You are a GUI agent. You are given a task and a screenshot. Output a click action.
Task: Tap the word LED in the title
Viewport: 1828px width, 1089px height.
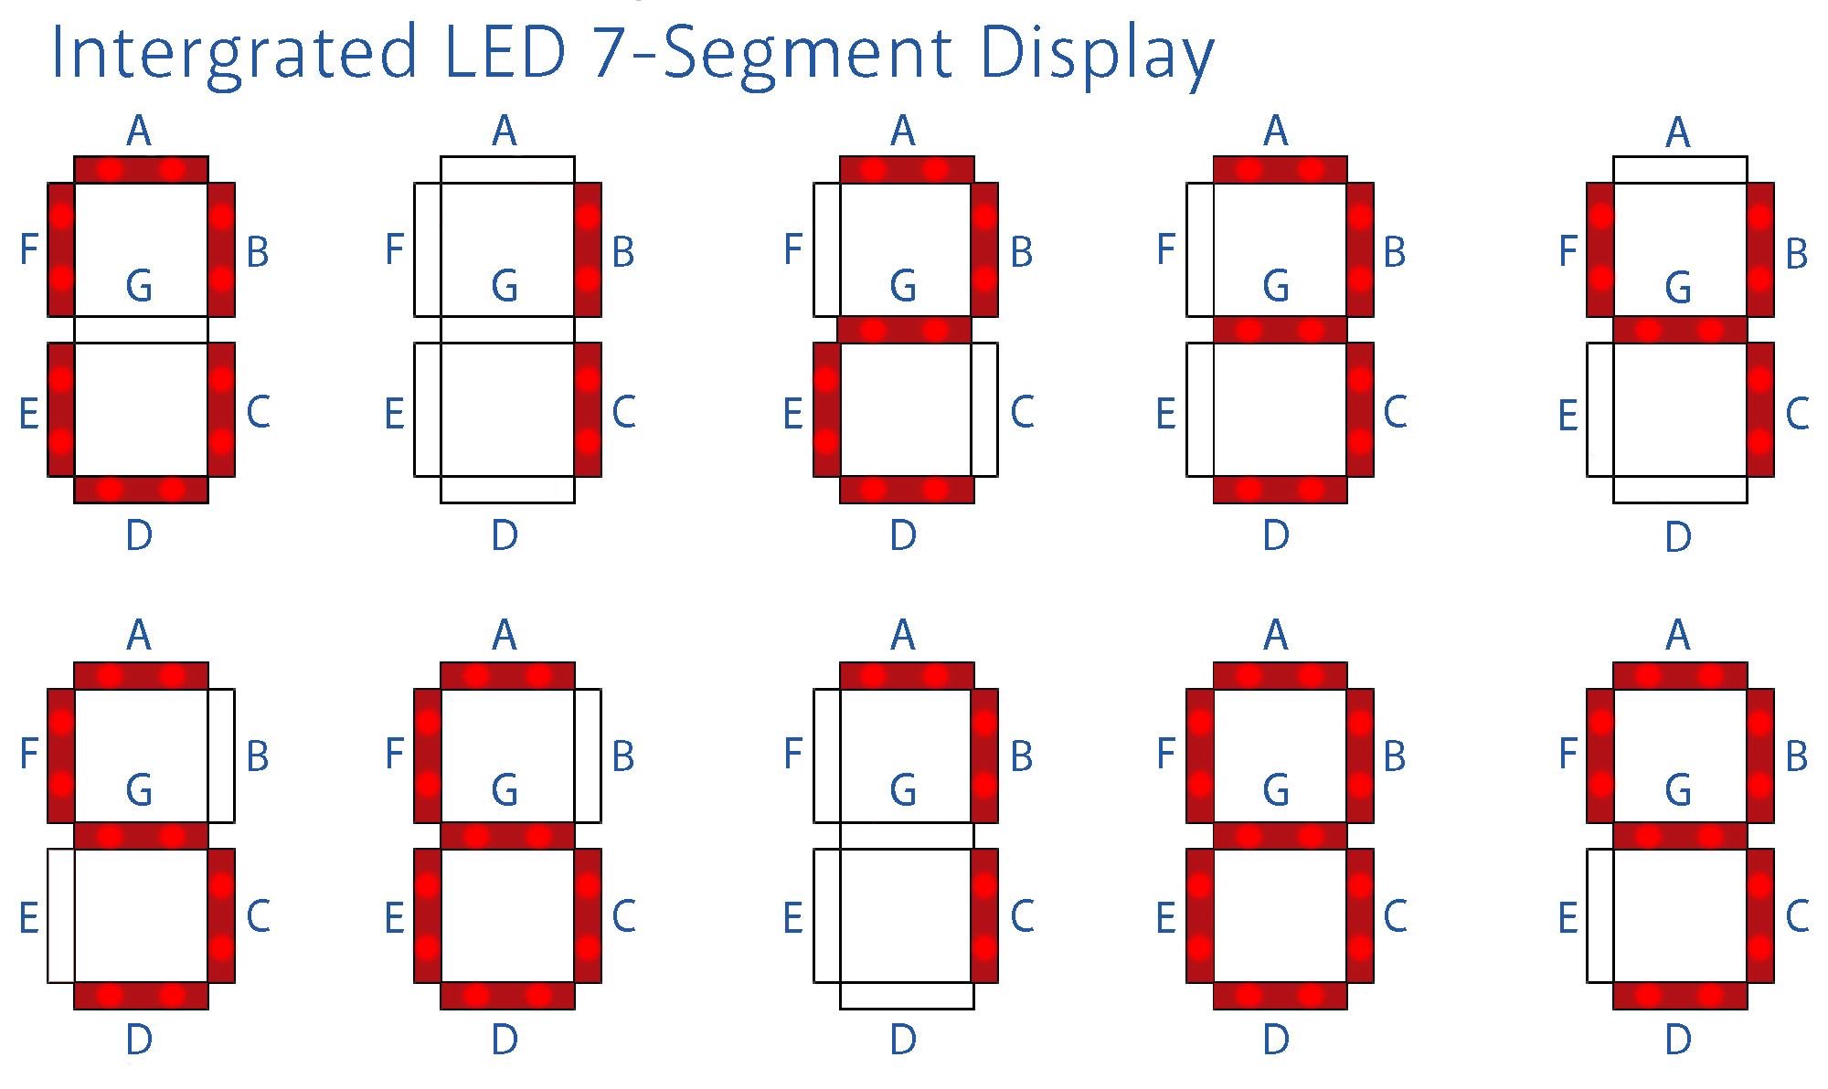point(505,52)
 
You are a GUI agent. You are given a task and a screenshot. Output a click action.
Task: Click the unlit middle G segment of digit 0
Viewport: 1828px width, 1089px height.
point(141,330)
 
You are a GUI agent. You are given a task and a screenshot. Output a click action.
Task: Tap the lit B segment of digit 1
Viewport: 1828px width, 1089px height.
point(588,249)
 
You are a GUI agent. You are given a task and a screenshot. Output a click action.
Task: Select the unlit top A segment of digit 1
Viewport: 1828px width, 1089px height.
point(507,170)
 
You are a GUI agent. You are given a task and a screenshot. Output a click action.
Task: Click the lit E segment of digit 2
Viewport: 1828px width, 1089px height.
point(826,409)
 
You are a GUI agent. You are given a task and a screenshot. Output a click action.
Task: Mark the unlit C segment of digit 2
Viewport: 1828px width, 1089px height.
point(984,409)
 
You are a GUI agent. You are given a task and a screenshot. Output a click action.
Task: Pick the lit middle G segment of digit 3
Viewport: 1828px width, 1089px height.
point(1280,330)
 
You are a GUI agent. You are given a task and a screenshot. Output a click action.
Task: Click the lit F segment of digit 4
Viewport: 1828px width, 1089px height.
point(1600,249)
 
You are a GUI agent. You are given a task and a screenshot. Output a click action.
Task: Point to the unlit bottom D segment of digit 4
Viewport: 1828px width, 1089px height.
point(1680,490)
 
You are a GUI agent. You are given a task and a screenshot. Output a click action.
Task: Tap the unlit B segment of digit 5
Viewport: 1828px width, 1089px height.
point(221,756)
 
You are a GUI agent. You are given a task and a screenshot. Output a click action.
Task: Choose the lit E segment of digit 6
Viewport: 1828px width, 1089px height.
point(428,915)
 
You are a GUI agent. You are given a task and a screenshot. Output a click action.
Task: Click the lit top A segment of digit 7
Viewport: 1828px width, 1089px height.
point(907,676)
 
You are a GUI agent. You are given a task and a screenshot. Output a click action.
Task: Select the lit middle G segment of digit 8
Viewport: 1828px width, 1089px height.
point(1280,836)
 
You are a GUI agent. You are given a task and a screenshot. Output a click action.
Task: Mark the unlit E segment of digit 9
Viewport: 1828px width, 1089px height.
point(1600,915)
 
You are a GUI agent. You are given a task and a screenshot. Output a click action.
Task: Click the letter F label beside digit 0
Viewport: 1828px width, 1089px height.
point(29,248)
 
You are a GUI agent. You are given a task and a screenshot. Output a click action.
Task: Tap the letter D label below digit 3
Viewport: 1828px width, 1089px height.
point(1276,535)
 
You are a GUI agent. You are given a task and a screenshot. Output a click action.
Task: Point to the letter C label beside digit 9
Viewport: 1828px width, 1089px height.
point(1797,916)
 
